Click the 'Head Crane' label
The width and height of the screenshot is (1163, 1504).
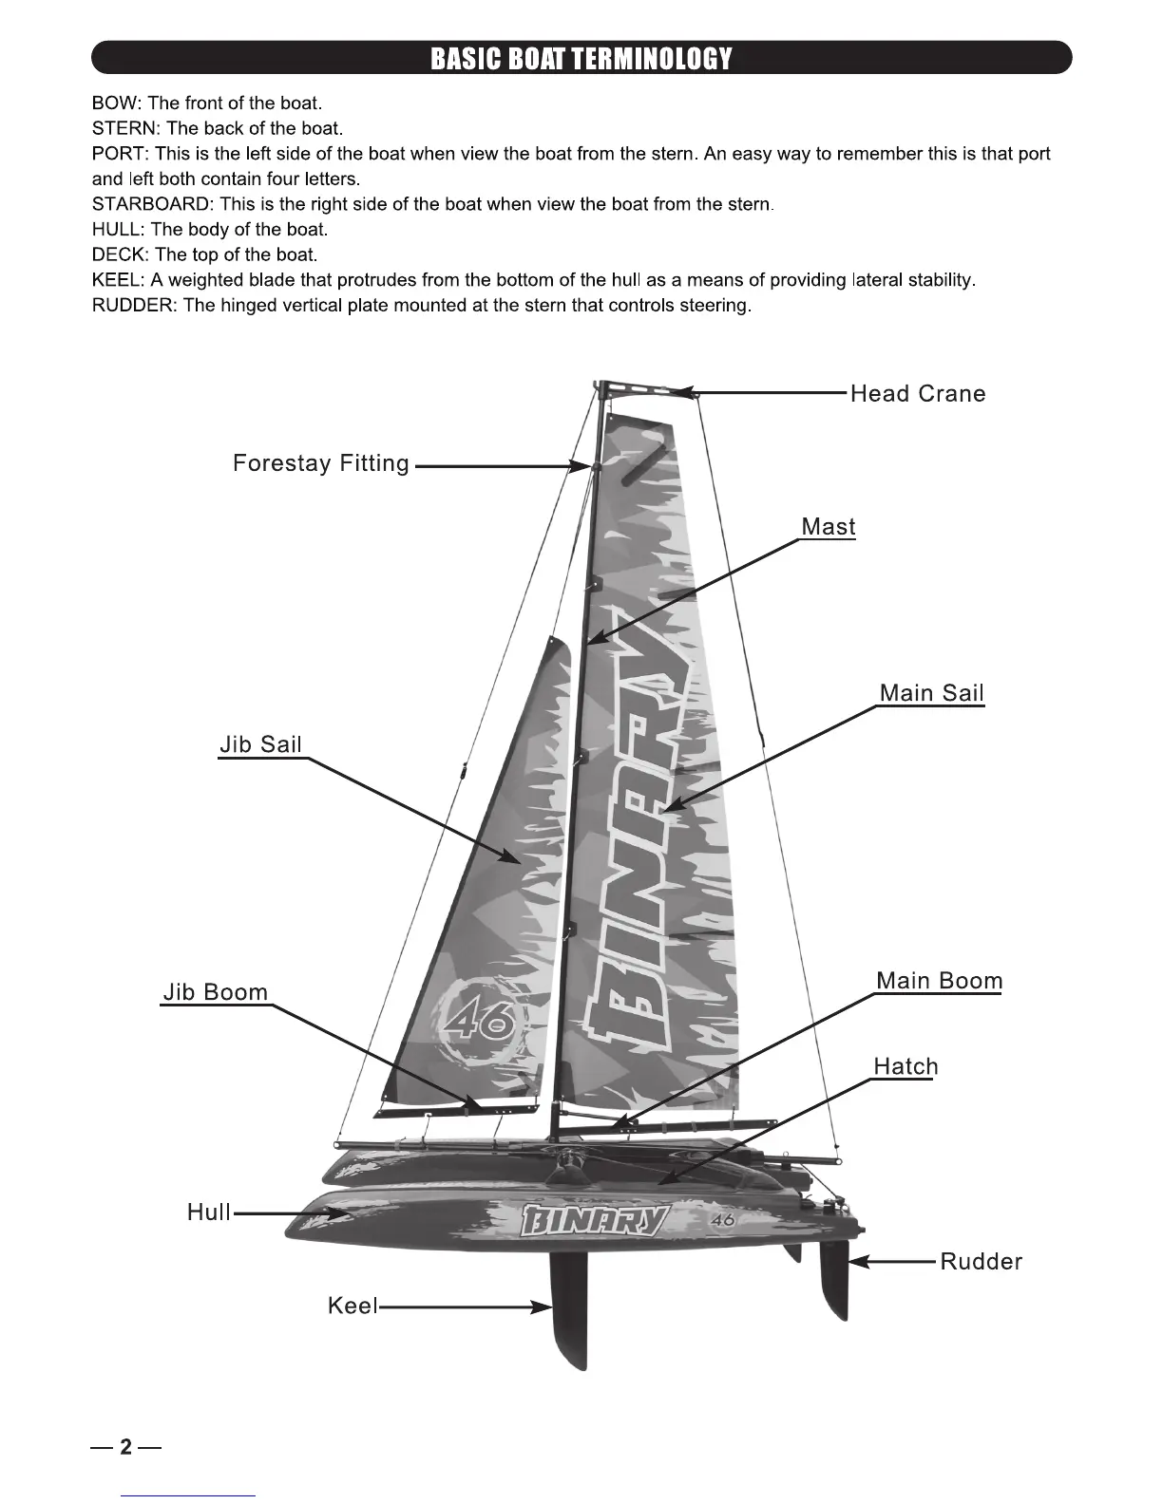coord(917,394)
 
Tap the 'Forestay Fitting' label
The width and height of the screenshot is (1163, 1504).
coord(321,463)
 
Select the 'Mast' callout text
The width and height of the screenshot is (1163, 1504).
coord(828,527)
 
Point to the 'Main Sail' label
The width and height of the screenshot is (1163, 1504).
coord(931,693)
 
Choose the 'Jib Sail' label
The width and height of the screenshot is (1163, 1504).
coord(260,744)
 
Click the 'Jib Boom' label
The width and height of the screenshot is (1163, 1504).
coord(216,992)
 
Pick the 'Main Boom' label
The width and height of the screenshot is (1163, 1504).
coord(939,981)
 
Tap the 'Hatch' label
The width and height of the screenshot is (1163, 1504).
coord(906,1067)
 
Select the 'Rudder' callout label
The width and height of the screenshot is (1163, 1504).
coord(981,1262)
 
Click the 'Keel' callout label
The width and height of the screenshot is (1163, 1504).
coord(352,1307)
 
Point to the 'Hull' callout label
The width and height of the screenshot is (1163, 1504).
coord(209,1213)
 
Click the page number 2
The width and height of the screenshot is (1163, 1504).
coord(125,1448)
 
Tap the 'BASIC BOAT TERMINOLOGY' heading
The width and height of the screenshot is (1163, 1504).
coord(581,59)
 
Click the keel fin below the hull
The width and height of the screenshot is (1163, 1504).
coord(568,1310)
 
